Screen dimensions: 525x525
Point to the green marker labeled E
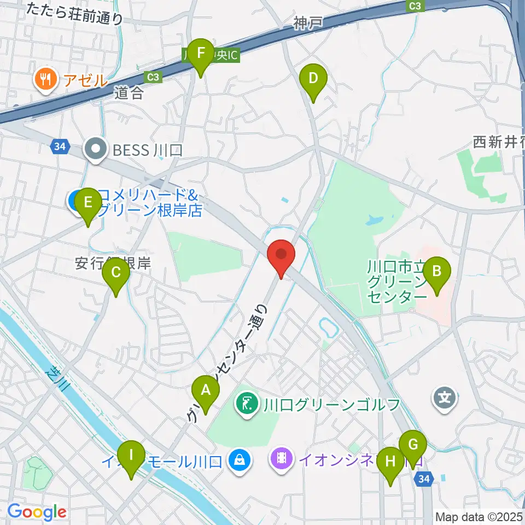coord(87,206)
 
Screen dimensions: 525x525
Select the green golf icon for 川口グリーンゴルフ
coord(247,405)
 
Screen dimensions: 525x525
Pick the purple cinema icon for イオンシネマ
coord(281,457)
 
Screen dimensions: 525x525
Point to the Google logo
coord(37,512)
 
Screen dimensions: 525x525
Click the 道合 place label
coord(129,93)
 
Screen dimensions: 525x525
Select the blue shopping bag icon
coord(240,458)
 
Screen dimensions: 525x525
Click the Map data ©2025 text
coord(479,516)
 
